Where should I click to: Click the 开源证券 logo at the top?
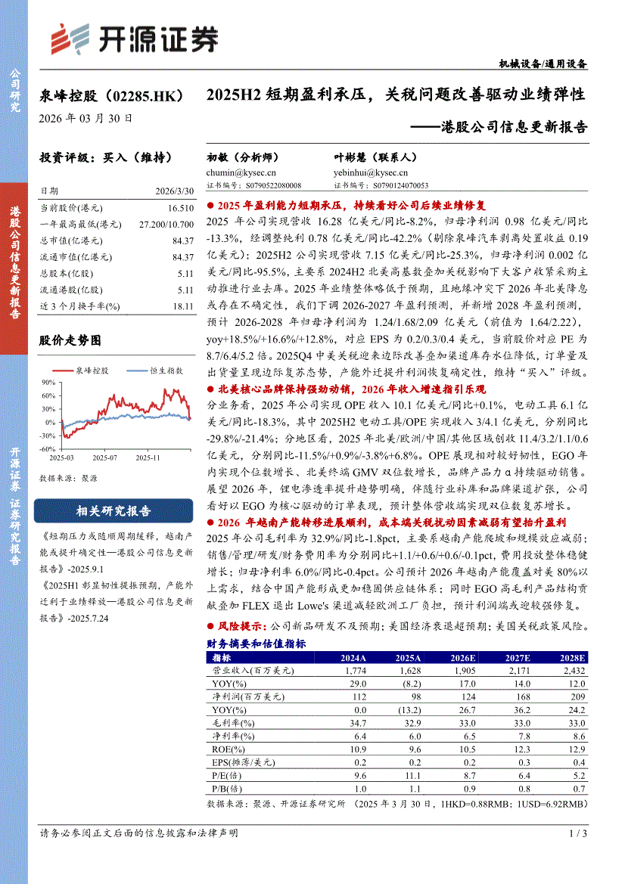coord(133,37)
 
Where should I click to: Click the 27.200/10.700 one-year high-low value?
coord(166,225)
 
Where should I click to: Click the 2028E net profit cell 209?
coord(577,696)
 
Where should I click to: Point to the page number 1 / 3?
coord(577,833)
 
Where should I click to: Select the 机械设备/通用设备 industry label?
coord(543,64)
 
